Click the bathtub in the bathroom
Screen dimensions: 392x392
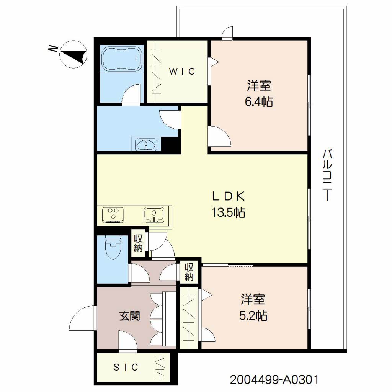pos(122,59)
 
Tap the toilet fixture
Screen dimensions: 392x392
pos(113,248)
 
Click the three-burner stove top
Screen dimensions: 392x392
pos(113,215)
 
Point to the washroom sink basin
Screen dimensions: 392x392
pos(146,144)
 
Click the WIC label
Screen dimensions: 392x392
pos(182,72)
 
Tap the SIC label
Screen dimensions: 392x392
pos(126,367)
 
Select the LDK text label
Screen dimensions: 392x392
pos(229,196)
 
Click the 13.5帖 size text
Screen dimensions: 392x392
pos(229,212)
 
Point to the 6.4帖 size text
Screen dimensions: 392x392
pos(259,102)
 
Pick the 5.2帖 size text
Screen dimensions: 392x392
pos(253,316)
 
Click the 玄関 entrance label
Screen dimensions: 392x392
pos(129,316)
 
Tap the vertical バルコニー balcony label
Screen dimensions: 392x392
pos(327,175)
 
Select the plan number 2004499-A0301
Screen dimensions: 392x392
pos(274,380)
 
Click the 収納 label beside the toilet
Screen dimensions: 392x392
pos(138,243)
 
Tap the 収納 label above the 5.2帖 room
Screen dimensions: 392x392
pos(189,272)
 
